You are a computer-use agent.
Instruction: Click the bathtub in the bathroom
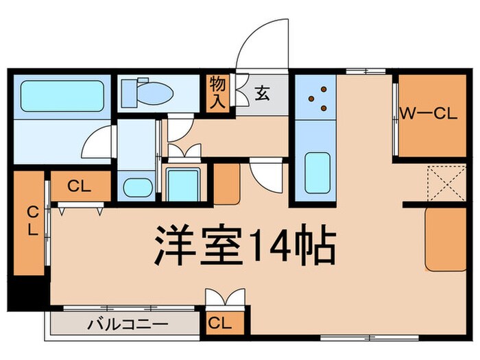pos(62,95)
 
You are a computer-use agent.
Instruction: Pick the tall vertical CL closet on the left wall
pos(32,221)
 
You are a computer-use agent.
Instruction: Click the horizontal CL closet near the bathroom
pos(80,184)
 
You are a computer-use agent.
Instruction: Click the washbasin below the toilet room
pos(137,187)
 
